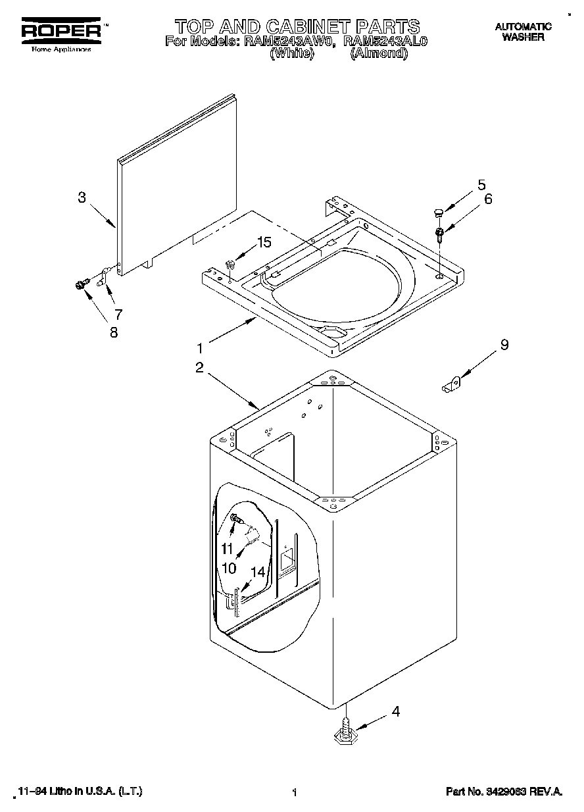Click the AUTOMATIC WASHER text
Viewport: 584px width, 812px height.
[x=523, y=32]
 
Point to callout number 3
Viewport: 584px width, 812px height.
[x=82, y=197]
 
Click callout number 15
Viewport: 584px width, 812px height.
[x=263, y=242]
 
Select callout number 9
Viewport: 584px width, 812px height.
[x=504, y=344]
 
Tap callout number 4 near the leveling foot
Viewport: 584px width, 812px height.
[x=395, y=711]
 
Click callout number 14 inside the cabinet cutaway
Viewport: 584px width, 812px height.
[x=258, y=572]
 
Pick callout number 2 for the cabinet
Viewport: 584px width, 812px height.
[x=199, y=368]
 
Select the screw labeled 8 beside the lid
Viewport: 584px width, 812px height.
[x=82, y=284]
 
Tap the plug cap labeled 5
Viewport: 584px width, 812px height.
[x=437, y=211]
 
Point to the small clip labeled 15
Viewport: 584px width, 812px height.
[x=230, y=265]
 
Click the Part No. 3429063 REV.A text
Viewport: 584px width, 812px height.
[x=504, y=792]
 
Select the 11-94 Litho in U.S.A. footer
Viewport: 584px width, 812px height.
[x=80, y=792]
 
